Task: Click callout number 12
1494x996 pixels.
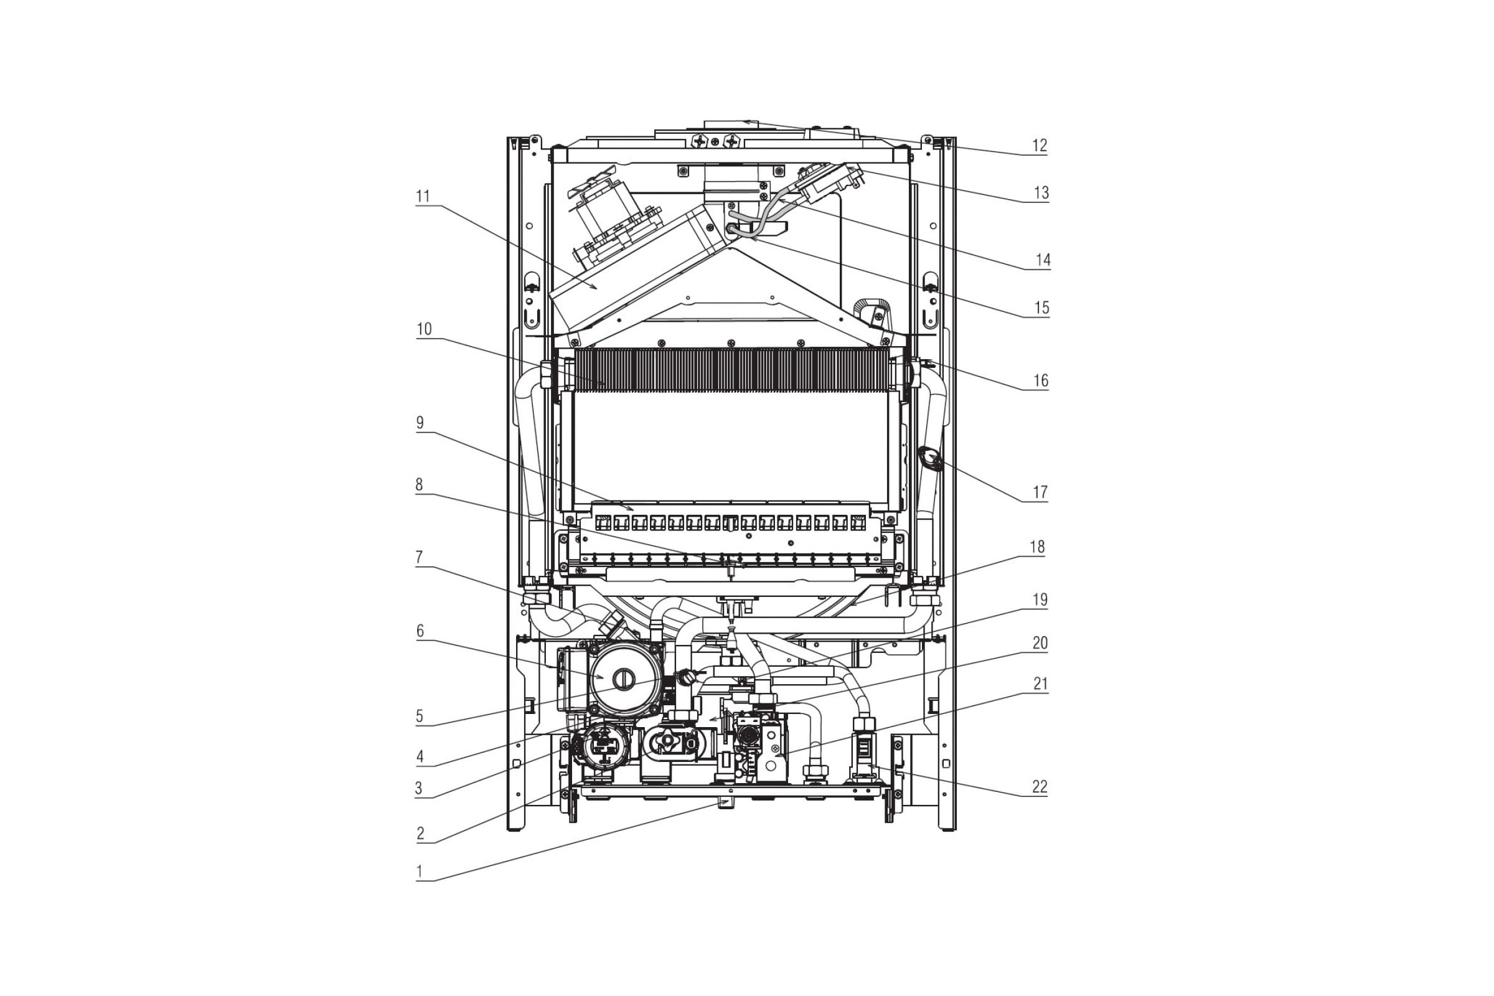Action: coord(1039,146)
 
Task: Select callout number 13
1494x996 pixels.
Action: coord(1040,193)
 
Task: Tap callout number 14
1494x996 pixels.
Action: coord(1042,260)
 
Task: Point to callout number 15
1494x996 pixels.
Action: coord(1041,308)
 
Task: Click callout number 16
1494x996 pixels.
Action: coord(1040,380)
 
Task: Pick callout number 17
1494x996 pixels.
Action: coord(1040,492)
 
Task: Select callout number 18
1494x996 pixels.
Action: coord(1036,547)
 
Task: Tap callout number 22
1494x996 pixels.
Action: coord(1039,787)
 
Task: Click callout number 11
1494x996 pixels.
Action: coord(423,196)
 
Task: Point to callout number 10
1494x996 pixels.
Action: coord(424,329)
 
